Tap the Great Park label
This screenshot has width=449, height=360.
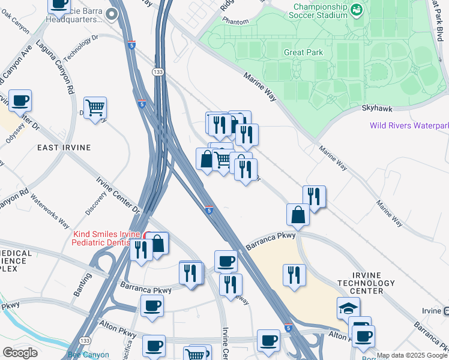click(303, 52)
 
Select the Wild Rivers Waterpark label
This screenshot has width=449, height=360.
click(409, 126)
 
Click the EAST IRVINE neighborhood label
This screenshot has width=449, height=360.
click(64, 148)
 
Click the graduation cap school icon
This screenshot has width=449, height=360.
click(348, 307)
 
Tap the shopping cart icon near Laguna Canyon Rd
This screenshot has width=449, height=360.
click(95, 108)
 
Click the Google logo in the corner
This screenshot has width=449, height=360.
click(20, 353)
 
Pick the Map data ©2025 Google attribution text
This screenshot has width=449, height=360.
click(411, 355)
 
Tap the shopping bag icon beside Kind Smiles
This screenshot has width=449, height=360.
click(157, 244)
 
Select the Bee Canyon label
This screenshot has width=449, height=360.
click(88, 355)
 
